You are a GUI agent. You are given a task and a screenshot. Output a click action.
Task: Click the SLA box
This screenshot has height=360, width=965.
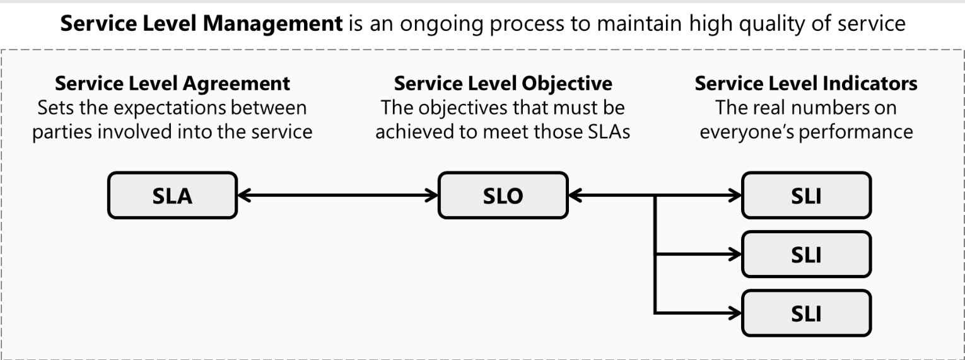(x=172, y=196)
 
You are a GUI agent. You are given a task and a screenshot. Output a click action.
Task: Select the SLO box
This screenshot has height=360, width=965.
(x=503, y=196)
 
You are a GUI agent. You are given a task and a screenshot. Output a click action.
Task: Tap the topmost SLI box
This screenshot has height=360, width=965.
(x=806, y=196)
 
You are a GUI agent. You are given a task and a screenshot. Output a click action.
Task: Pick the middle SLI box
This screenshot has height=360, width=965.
(x=806, y=255)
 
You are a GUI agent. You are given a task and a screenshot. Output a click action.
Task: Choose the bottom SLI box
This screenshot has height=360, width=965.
(x=806, y=313)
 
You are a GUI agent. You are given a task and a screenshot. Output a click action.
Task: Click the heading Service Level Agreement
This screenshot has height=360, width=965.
(x=172, y=83)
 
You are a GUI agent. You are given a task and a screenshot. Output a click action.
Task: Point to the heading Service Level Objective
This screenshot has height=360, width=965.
(x=503, y=83)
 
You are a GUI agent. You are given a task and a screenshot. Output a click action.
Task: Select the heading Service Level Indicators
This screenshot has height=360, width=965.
(x=806, y=83)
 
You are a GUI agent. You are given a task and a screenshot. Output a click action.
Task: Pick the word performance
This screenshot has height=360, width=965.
(x=858, y=132)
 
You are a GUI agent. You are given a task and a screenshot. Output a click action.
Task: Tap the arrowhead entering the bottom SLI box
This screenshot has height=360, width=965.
(x=735, y=313)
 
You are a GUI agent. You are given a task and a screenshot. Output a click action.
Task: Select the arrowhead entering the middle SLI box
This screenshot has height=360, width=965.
(x=735, y=255)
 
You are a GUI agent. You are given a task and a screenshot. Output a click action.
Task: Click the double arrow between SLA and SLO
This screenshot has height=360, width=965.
(x=338, y=196)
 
